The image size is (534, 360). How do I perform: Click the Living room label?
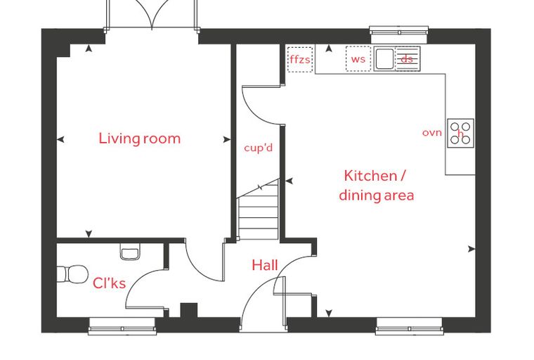pyautogui.click(x=139, y=139)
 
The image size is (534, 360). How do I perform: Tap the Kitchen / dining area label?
pyautogui.click(x=377, y=186)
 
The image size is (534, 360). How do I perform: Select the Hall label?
pyautogui.click(x=265, y=265)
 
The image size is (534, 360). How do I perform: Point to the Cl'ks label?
pyautogui.click(x=109, y=283)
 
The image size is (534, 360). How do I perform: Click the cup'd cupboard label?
pyautogui.click(x=259, y=148)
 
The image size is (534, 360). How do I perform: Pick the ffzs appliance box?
pyautogui.click(x=300, y=59)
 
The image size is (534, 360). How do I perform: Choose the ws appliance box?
pyautogui.click(x=358, y=58)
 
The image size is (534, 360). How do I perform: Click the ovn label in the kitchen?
pyautogui.click(x=432, y=133)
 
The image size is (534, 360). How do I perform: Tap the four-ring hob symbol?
pyautogui.click(x=460, y=133)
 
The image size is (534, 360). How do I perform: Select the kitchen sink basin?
pyautogui.click(x=384, y=58)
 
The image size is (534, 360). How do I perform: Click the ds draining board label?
pyautogui.click(x=407, y=59)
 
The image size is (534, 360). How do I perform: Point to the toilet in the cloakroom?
pyautogui.click(x=72, y=274)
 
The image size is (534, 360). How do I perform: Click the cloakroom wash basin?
pyautogui.click(x=130, y=252)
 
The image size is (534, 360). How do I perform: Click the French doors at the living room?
pyautogui.click(x=152, y=15)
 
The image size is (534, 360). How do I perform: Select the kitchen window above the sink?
pyautogui.click(x=399, y=32)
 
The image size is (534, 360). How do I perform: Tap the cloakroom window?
pyautogui.click(x=122, y=326)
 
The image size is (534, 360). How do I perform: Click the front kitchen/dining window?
pyautogui.click(x=409, y=326)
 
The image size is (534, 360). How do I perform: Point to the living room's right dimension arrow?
pyautogui.click(x=227, y=139)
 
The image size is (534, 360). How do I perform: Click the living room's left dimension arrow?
pyautogui.click(x=60, y=139)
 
